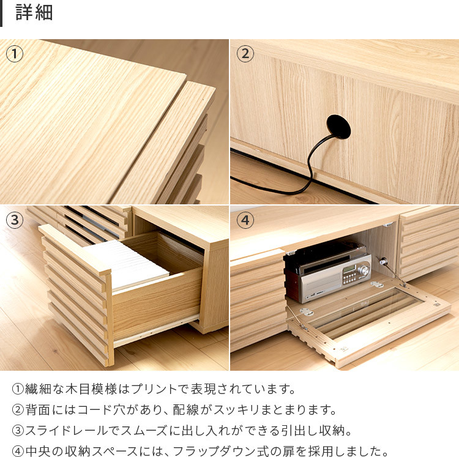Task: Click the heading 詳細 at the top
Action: (34, 13)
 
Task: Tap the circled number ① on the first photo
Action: (14, 54)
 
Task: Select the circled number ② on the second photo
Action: (245, 54)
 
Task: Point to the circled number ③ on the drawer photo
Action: (14, 220)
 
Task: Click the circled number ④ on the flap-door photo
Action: (245, 220)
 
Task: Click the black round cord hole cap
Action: (338, 127)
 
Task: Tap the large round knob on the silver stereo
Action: (365, 270)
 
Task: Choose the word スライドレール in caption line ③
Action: (67, 431)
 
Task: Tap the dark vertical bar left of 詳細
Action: (1, 13)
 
